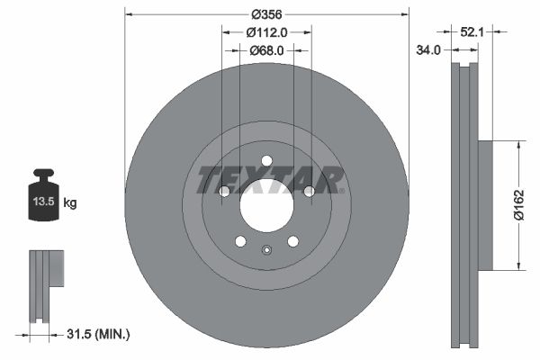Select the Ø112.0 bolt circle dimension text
pos(266,32)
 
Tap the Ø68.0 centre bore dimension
pos(266,50)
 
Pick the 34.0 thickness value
pos(428,50)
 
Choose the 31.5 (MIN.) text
pos(99,334)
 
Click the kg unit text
pos(70,203)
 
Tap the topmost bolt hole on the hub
pos(266,161)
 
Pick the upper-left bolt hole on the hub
pos(225,191)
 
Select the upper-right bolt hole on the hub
pos(309,191)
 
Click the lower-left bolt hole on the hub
pos(240,241)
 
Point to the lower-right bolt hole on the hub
pos(292,241)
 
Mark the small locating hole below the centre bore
pos(266,251)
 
